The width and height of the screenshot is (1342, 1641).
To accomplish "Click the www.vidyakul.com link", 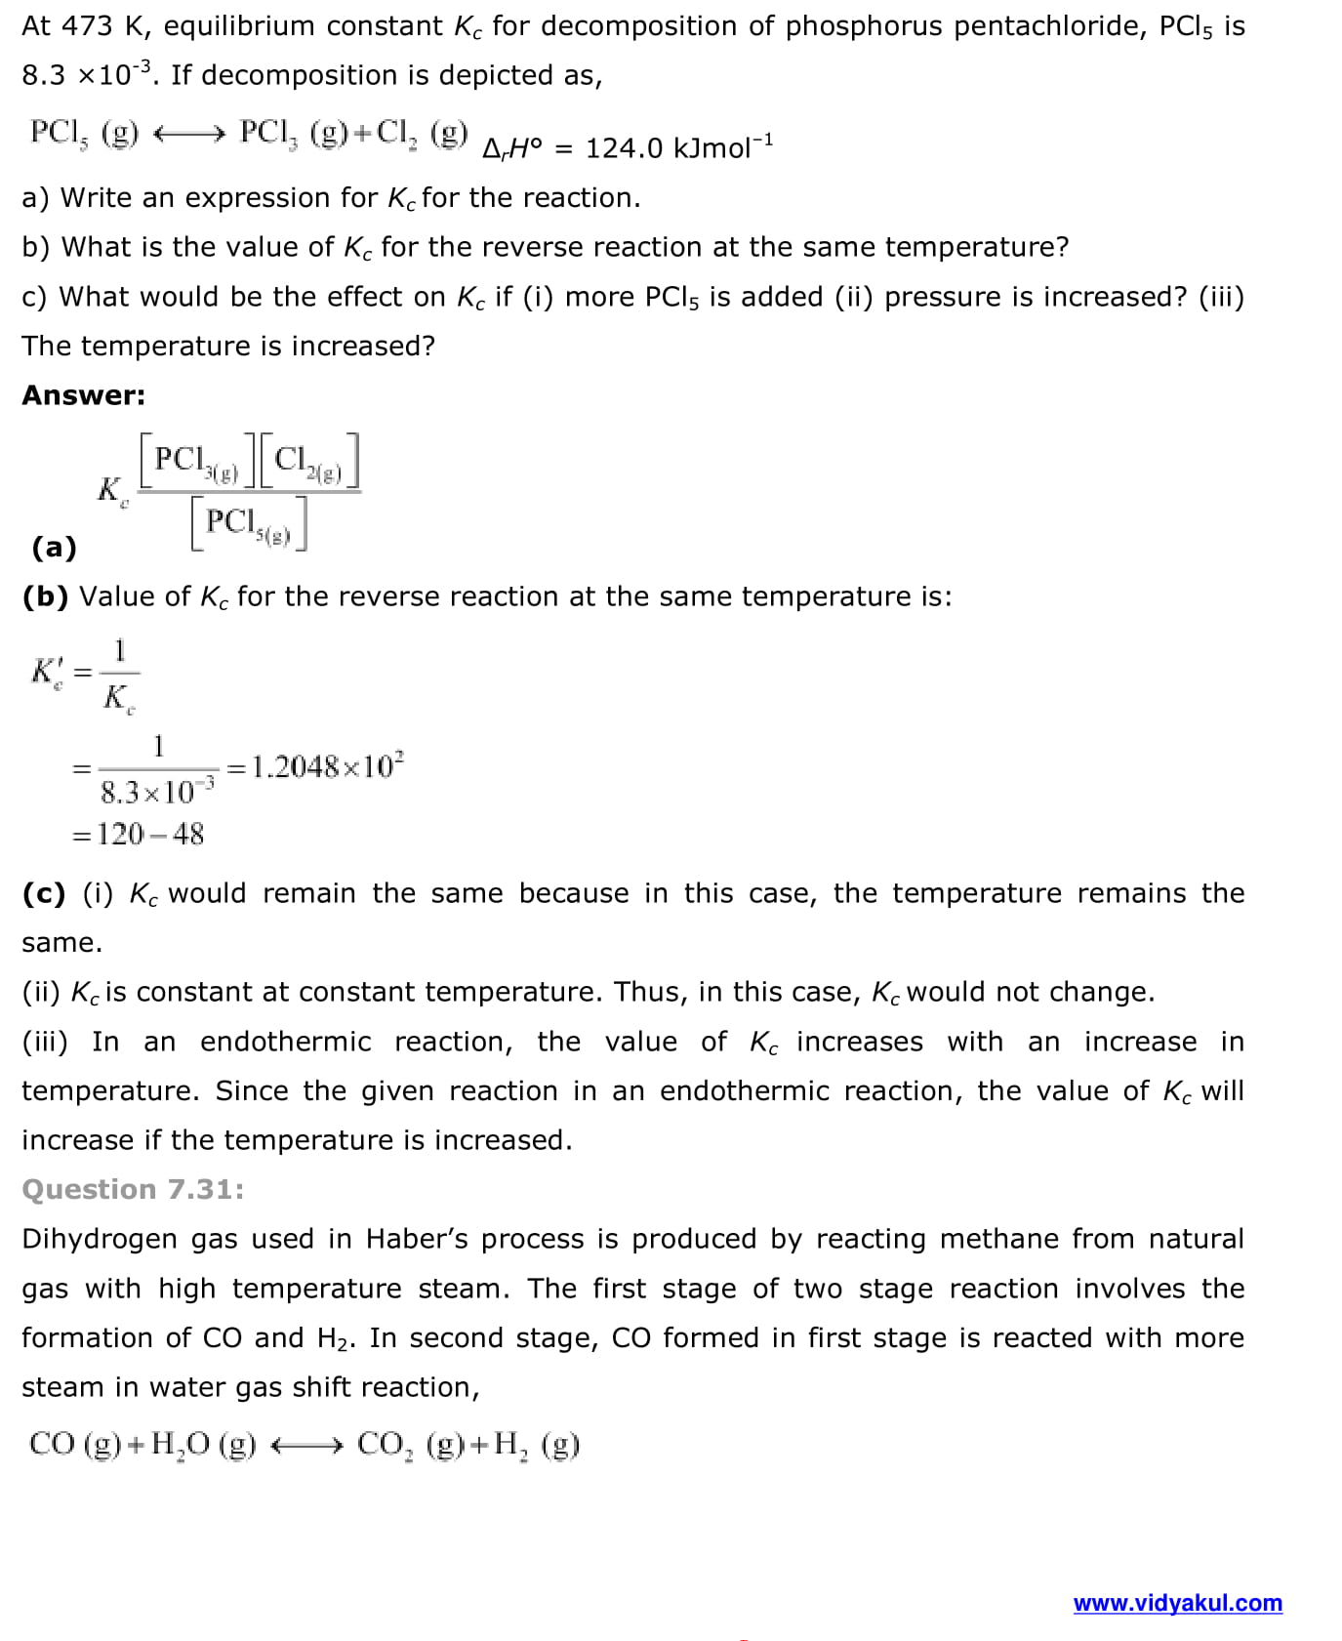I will coord(1177,1603).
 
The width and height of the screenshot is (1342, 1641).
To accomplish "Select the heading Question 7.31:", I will coord(133,1189).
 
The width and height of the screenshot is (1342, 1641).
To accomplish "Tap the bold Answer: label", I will coord(83,395).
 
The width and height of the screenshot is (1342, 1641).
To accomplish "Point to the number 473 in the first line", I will coord(87,26).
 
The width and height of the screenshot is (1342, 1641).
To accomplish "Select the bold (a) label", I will coord(54,547).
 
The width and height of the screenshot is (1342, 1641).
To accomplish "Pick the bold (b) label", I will coord(45,596).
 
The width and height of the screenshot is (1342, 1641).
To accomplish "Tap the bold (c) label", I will coord(44,893).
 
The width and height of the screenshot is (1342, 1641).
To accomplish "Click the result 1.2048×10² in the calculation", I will coord(327,766).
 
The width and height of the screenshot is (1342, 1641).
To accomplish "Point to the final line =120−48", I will coord(140,834).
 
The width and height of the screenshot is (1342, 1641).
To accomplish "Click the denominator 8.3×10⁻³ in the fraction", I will coord(157,791).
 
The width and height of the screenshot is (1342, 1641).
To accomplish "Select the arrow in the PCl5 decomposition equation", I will coord(190,133).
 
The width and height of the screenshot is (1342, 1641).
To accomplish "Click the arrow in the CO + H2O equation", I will coord(305,1445).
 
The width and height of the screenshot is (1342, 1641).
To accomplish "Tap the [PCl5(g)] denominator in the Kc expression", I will coord(249,523).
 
